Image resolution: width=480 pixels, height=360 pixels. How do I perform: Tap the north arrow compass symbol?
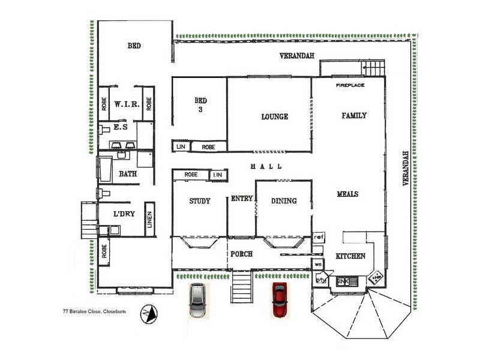[x=149, y=313]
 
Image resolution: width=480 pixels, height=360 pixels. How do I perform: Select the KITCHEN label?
[x=350, y=256]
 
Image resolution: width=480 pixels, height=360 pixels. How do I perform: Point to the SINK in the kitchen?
[x=343, y=281]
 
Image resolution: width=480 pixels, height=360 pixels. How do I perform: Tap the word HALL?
[x=266, y=167]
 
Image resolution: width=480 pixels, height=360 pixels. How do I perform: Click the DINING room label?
[x=284, y=201]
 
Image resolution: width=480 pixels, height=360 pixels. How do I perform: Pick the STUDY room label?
[x=199, y=201]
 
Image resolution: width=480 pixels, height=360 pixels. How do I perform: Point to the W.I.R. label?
[x=127, y=104]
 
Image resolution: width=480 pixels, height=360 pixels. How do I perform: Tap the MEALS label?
[x=347, y=194]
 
